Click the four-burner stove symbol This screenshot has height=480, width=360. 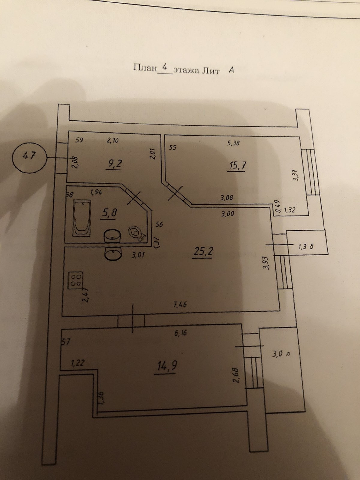click(76, 280)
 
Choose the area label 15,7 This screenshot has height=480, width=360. click(236, 165)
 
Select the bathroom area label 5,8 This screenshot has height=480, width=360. click(109, 213)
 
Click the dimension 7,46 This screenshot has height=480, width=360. click(180, 305)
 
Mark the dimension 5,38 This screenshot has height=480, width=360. click(234, 143)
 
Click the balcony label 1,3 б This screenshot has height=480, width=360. click(306, 247)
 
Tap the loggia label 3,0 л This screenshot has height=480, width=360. click(280, 354)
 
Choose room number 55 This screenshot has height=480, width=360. click(172, 147)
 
